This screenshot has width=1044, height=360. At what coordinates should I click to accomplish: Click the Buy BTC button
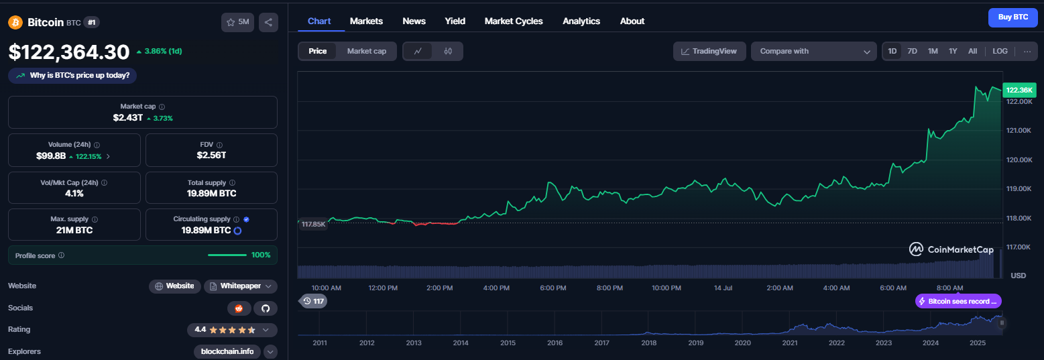pos(1012,17)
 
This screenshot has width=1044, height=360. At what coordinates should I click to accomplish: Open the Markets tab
pos(366,21)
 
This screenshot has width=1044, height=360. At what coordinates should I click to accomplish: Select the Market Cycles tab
pos(514,21)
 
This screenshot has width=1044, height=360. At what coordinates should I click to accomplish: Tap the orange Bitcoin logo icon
pos(15,22)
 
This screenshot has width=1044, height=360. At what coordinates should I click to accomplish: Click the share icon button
pos(268,22)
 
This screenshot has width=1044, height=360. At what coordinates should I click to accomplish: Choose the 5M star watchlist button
pos(237,22)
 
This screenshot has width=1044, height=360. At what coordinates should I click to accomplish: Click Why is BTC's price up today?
pos(72,76)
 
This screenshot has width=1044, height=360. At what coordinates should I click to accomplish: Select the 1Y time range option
pos(953,51)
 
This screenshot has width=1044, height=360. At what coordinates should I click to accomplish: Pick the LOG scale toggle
pos(1000,51)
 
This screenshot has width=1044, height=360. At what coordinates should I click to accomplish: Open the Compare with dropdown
pos(814,51)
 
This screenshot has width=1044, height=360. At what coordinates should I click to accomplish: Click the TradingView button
pos(709,51)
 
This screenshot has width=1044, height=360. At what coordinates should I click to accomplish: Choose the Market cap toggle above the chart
pos(367,51)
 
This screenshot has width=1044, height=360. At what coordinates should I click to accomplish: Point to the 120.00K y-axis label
pos(1019,160)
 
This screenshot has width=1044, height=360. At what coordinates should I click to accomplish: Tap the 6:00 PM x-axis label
pos(553,288)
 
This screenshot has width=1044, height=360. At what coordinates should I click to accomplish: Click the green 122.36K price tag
pos(1019,90)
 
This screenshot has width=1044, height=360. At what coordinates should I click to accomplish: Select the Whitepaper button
pos(241,286)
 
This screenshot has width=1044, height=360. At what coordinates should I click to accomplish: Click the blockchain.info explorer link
pos(227,351)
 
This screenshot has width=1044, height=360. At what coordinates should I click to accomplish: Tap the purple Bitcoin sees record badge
pos(958,301)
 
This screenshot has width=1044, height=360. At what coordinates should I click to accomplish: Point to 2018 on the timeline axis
pos(649,343)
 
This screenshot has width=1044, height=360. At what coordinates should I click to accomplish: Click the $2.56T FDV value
pos(212,155)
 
